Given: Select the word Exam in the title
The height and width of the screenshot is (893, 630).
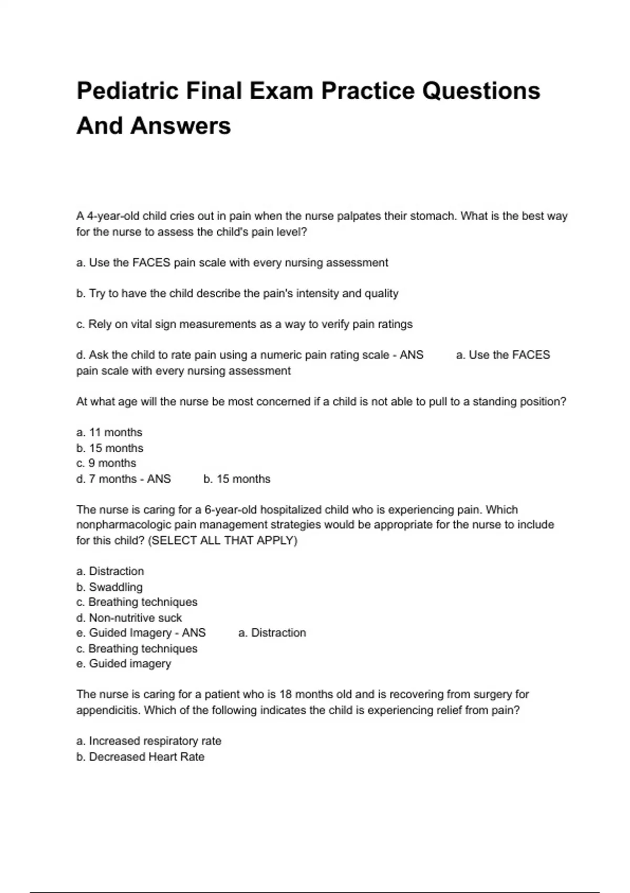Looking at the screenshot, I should (281, 91).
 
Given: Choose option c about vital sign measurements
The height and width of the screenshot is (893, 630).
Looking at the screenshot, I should (244, 324).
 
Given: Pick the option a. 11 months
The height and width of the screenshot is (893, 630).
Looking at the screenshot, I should (109, 432).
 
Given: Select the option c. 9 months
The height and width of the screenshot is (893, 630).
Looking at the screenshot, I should (106, 463).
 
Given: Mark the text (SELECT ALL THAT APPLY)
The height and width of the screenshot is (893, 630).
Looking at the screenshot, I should (223, 541).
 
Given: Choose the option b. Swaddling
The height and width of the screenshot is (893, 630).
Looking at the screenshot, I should (109, 587).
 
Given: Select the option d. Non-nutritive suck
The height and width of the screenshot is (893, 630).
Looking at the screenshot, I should (129, 618).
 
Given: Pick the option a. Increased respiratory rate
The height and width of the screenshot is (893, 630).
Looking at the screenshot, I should (149, 741).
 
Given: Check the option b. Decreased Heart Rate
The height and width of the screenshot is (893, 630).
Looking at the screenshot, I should (140, 757).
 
